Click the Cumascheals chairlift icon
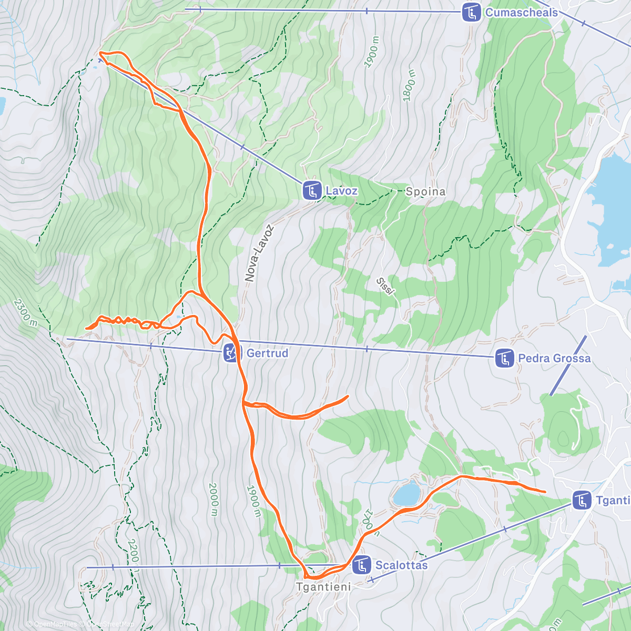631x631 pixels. (x=471, y=13)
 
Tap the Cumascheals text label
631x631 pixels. (x=521, y=13)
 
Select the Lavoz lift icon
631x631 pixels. (x=312, y=190)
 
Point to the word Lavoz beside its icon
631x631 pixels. (x=342, y=191)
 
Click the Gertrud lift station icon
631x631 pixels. (x=231, y=353)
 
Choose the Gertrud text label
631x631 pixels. (x=268, y=353)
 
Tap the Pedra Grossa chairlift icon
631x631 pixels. (x=504, y=359)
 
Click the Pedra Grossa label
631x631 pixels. (x=554, y=359)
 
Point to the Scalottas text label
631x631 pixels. (x=401, y=565)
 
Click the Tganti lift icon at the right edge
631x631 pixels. (x=582, y=500)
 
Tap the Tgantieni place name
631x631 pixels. (x=323, y=586)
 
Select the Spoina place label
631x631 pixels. (x=425, y=192)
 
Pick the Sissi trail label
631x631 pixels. (x=385, y=286)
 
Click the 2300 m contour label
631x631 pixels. (x=26, y=312)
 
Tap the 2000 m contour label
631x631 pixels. (x=213, y=499)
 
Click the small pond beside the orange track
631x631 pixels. (x=407, y=494)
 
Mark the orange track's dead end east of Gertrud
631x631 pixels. (x=348, y=396)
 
